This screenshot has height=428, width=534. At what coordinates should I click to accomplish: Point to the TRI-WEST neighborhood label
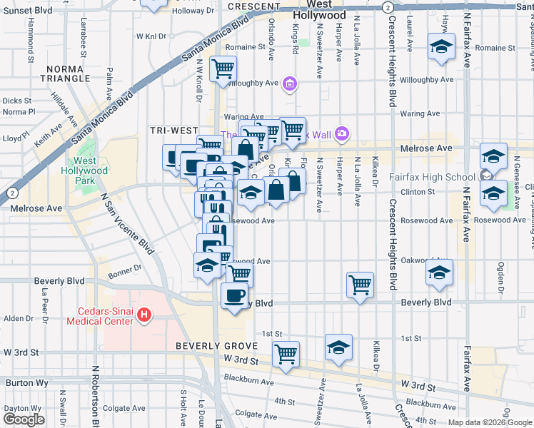click(x=169, y=131)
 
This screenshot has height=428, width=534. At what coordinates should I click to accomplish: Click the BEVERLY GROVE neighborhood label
click(x=206, y=346)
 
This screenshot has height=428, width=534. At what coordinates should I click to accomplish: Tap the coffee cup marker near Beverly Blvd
click(x=235, y=295)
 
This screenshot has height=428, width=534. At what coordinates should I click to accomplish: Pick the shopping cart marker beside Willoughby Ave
click(x=223, y=69)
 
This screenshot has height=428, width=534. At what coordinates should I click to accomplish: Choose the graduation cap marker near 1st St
click(x=338, y=347)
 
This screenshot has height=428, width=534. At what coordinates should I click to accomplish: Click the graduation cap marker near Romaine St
click(x=442, y=48)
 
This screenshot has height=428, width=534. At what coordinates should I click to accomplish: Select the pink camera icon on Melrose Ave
click(x=343, y=133)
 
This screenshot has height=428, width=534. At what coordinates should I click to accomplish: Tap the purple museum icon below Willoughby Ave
click(x=290, y=85)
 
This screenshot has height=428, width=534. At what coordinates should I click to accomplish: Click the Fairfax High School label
click(x=432, y=177)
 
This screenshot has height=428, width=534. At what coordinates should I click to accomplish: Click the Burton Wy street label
click(x=26, y=382)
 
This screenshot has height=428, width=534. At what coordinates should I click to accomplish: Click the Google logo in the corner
click(x=24, y=419)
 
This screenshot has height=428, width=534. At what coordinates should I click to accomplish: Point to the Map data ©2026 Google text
click(x=489, y=422)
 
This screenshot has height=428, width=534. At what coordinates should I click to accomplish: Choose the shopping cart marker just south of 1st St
click(x=286, y=354)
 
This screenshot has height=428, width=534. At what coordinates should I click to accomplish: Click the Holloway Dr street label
click(x=193, y=11)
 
